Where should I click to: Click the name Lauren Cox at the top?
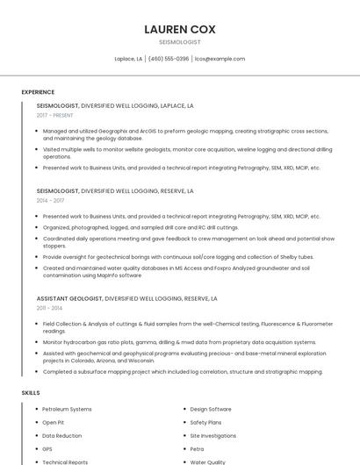pos(179,29)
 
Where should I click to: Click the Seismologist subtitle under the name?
pos(179,42)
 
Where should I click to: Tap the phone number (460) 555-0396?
pos(169,59)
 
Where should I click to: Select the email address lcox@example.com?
pos(220,59)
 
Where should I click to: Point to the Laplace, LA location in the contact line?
pos(128,59)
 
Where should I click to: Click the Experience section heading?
pos(38,92)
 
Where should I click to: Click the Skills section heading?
pos(31,392)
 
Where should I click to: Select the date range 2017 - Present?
pos(54,116)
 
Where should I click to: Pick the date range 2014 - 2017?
pos(50,200)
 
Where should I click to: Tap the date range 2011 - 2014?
pos(49,308)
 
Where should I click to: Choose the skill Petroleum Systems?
pos(67,409)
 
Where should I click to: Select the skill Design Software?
pos(211,409)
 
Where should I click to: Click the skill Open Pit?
pos(53,422)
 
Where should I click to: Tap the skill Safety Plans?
pos(205,422)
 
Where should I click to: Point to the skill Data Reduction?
pos(61,435)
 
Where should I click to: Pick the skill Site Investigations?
pos(213,435)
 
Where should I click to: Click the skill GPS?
pos(47,448)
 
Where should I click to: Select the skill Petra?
pos(197,448)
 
